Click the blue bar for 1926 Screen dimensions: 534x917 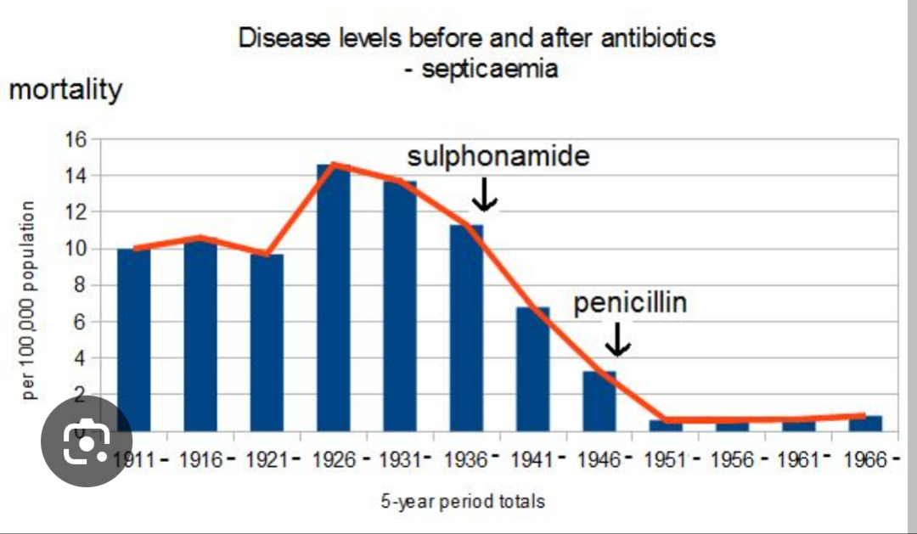pyautogui.click(x=333, y=297)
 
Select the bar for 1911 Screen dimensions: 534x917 pyautogui.click(x=133, y=340)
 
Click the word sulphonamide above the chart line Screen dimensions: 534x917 pyautogui.click(x=498, y=157)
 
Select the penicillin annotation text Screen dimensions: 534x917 pyautogui.click(x=630, y=303)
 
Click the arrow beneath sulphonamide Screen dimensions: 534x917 pyautogui.click(x=485, y=195)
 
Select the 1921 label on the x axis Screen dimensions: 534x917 pyautogui.click(x=267, y=460)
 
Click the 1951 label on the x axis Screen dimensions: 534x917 pyautogui.click(x=666, y=460)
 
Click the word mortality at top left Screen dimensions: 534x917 pyautogui.click(x=65, y=89)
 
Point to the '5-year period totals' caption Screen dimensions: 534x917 pyautogui.click(x=463, y=501)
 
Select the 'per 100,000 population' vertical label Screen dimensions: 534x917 pyautogui.click(x=29, y=300)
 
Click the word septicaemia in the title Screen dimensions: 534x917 pyautogui.click(x=490, y=69)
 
